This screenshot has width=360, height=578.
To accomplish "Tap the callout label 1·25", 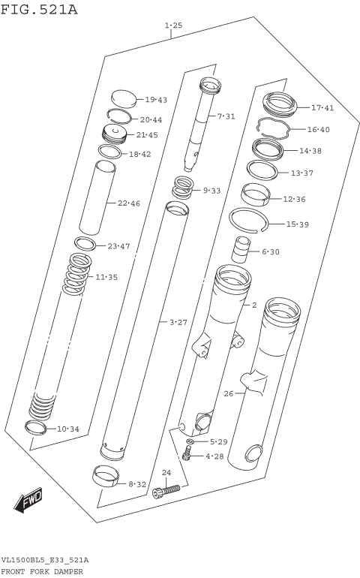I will click(x=173, y=26).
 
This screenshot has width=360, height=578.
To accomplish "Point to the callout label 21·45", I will click(x=147, y=135).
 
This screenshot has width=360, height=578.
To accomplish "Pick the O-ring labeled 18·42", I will click(x=109, y=152).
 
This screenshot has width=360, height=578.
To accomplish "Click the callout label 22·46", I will click(x=128, y=203).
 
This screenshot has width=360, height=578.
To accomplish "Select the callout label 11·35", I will click(x=106, y=277).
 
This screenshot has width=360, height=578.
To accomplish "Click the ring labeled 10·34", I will click(x=36, y=428).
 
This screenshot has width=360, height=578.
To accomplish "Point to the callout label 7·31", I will click(x=226, y=116).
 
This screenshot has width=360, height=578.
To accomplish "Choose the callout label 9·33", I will click(x=212, y=191).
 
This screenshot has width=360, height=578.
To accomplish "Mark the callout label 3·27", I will click(x=178, y=322).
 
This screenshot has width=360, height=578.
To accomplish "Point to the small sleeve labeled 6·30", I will click(x=241, y=248).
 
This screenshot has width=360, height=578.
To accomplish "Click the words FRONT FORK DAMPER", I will click(x=42, y=571).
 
